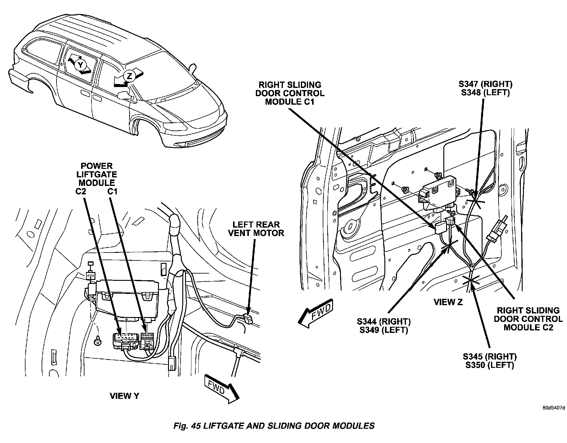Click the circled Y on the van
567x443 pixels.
[x=80, y=65]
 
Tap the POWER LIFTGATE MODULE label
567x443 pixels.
[x=97, y=174]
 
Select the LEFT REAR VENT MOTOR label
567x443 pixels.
[x=256, y=229]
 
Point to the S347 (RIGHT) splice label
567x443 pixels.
[x=485, y=84]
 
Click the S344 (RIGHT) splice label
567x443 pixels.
[x=384, y=321]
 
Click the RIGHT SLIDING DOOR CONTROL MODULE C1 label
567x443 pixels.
[x=290, y=93]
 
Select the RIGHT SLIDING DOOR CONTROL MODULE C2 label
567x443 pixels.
[x=528, y=319]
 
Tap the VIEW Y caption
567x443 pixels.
[x=124, y=396]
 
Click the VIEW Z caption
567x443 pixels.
[x=448, y=302]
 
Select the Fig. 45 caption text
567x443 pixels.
[x=274, y=426]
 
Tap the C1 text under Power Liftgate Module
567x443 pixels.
[x=112, y=192]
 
